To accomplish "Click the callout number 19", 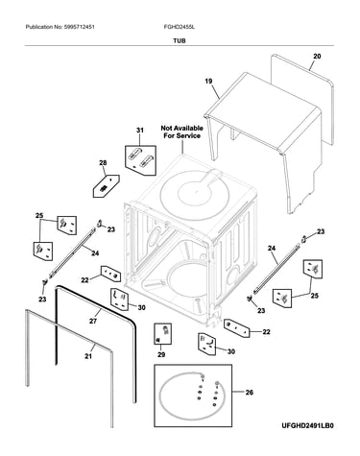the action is coord(208,82).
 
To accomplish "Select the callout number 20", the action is coord(317,57).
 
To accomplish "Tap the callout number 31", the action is coord(140,131).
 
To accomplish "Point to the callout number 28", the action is coord(103,163).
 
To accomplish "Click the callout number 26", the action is coord(249,392).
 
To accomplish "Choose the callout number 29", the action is coord(161,354).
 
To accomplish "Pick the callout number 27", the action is coord(93,321).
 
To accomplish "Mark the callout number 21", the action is coord(88,356).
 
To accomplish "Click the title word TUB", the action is coord(180,41).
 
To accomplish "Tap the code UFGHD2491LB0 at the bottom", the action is coord(307,426).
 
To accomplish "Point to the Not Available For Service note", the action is coord(181,132).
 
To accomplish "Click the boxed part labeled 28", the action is coord(106,186).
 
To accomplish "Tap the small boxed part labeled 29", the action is coord(163,334).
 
